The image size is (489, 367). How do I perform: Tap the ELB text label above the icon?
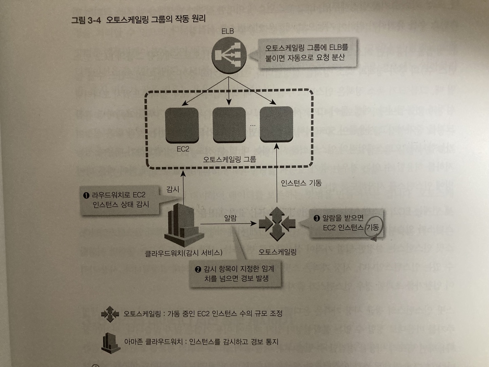228,31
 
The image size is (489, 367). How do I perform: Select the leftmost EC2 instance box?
182,125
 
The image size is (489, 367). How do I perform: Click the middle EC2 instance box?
229,125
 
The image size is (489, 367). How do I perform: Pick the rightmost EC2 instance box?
276,125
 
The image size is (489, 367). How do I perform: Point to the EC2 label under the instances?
183,149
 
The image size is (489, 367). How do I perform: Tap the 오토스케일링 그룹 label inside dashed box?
229,159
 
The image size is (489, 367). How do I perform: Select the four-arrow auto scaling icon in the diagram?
277,224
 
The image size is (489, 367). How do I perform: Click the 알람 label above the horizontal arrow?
230,218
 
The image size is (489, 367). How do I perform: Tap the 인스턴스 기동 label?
301,183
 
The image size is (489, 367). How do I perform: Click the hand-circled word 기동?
372,227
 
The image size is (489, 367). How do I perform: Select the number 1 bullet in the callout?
86,195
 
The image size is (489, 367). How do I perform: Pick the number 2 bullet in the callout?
198,269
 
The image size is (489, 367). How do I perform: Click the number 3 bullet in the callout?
317,218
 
